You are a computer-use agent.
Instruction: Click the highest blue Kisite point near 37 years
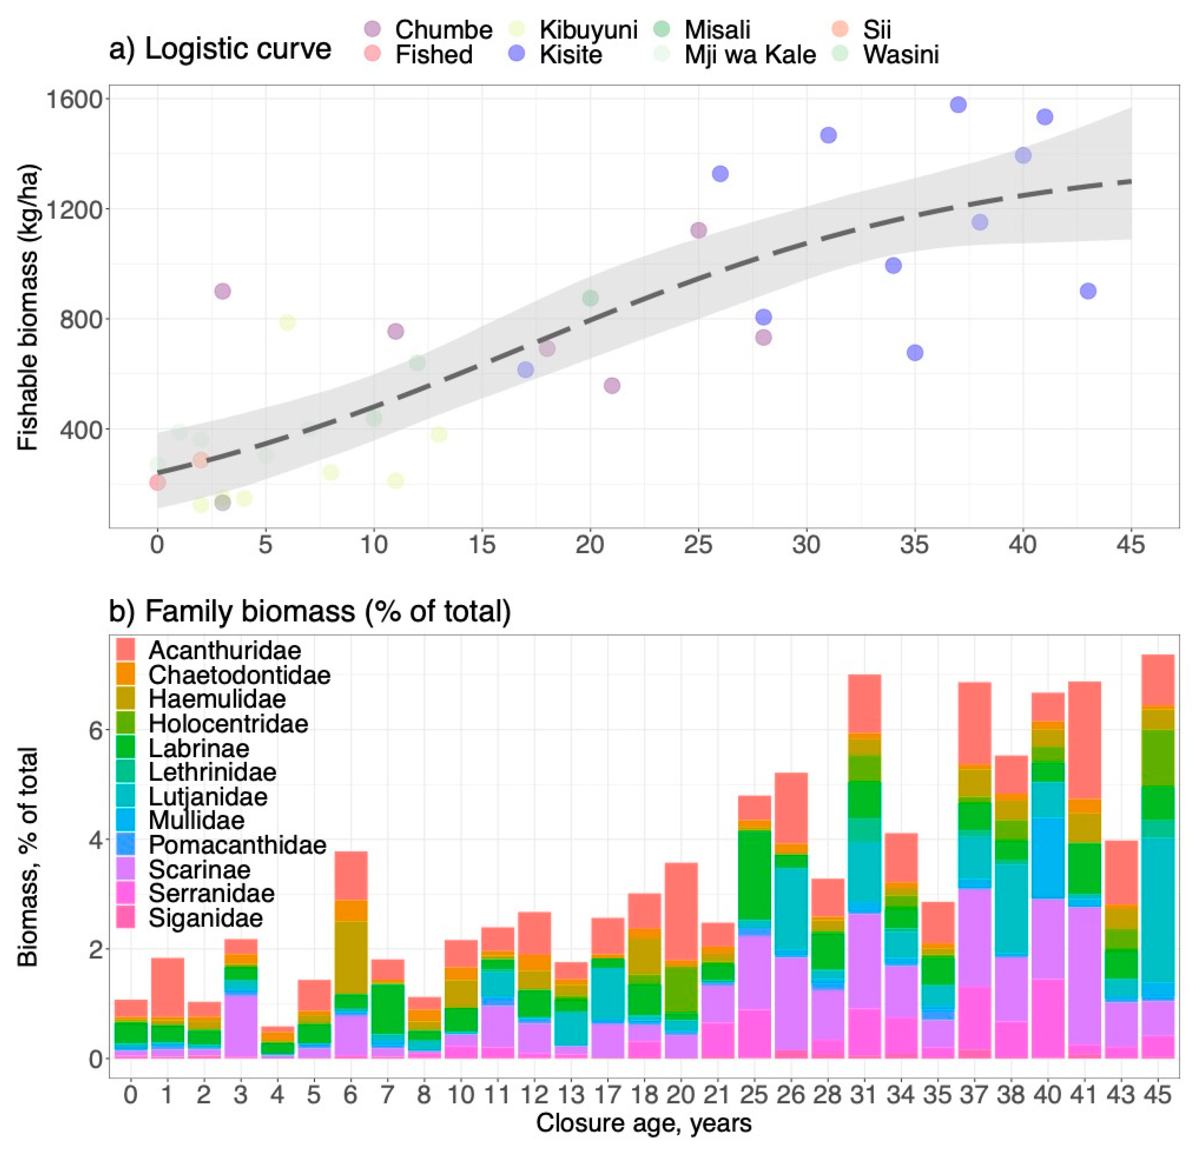click(958, 105)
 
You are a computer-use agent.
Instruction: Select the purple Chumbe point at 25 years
click(699, 230)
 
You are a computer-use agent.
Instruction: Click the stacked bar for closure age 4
click(277, 1043)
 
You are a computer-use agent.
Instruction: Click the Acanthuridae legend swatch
click(125, 649)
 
